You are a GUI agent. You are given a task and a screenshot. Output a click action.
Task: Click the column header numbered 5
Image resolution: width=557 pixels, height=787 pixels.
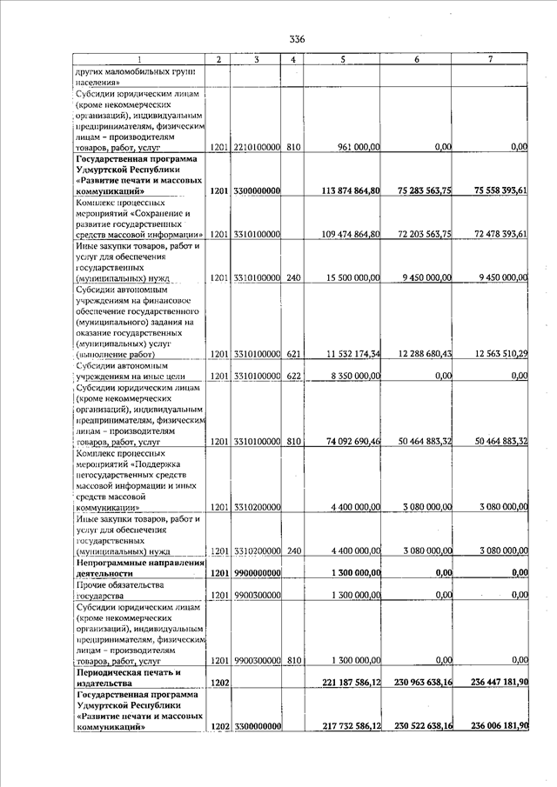(x=344, y=59)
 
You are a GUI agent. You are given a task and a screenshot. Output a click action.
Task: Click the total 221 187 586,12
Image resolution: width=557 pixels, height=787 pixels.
(x=347, y=683)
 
